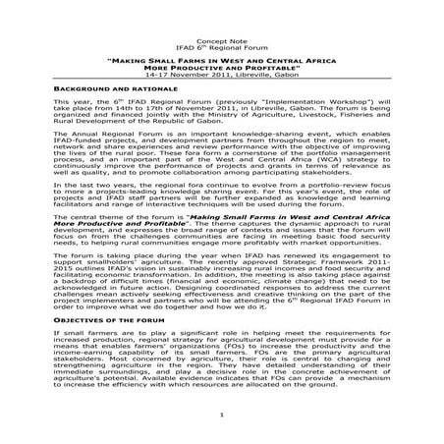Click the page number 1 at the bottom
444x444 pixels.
click(222, 416)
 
